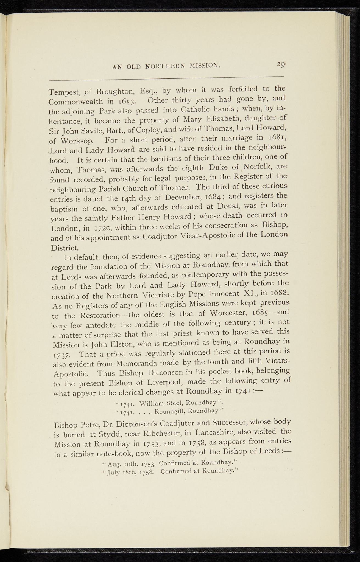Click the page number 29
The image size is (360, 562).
[x=281, y=65]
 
